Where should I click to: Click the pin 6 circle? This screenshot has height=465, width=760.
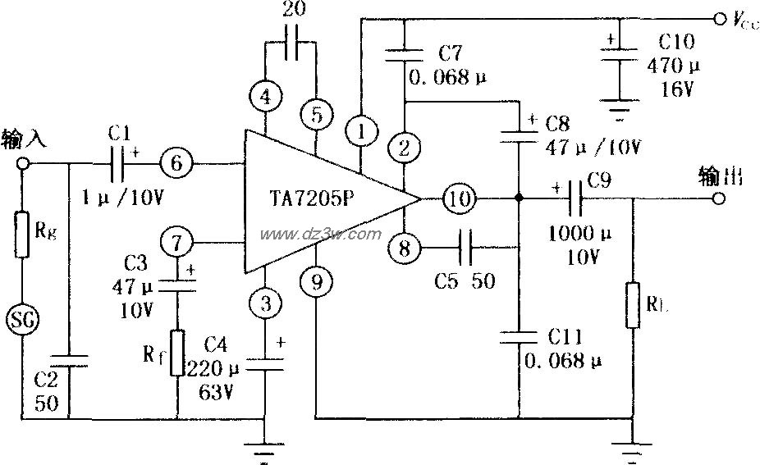(176, 163)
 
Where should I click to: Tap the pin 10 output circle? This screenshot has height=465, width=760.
(460, 198)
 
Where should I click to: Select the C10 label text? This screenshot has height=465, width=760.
(676, 42)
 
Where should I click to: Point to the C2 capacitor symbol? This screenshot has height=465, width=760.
(69, 358)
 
